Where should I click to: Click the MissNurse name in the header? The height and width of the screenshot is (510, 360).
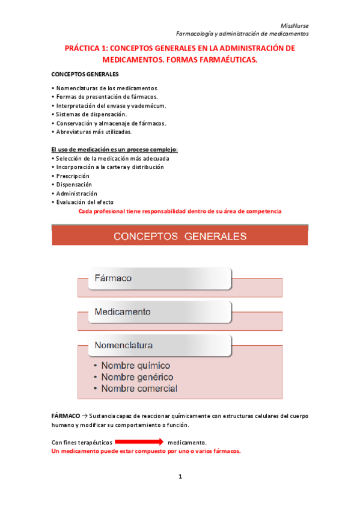coord(295,25)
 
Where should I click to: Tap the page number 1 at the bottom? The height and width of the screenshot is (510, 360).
coord(180,476)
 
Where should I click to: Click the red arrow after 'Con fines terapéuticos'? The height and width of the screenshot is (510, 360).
coord(139,442)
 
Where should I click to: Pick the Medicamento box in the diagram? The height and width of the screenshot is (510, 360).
coord(154,312)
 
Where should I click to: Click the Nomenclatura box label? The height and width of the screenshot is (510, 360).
coord(124,345)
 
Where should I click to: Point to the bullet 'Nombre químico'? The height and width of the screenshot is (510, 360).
coord(135,365)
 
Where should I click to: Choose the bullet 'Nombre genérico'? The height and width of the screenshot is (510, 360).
coord(137,377)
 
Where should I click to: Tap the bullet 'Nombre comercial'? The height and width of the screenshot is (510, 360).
coord(139,389)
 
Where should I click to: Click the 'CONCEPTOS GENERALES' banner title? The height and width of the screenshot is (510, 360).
coord(180,236)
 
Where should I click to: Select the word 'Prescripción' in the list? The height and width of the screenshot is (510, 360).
coord(74,176)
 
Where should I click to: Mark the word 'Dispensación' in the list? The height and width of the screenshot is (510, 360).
coord(74,185)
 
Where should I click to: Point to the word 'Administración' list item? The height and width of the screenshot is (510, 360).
coord(76,194)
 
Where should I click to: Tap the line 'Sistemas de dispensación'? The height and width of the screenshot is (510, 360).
coord(91,114)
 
